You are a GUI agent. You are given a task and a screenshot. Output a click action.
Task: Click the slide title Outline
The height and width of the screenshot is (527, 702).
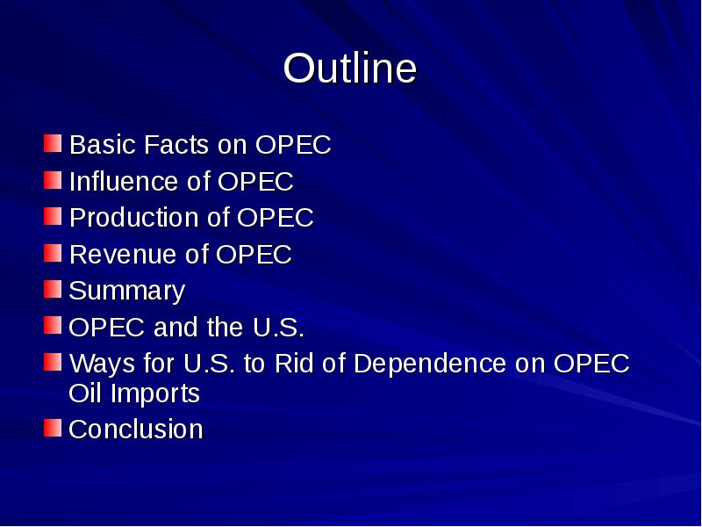click(x=350, y=69)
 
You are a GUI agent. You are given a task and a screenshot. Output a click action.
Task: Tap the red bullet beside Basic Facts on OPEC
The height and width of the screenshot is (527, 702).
click(x=54, y=142)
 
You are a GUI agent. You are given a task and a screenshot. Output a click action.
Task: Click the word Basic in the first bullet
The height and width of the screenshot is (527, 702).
click(x=97, y=145)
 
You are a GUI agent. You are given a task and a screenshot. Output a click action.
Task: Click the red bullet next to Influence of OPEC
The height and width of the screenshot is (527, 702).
click(x=54, y=179)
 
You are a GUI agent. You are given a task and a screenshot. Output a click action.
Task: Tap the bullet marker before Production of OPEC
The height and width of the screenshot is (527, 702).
click(x=54, y=215)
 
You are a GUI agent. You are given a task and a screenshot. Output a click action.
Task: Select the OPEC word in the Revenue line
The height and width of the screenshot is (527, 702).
click(x=254, y=255)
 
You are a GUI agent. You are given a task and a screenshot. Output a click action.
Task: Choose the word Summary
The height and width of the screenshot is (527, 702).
click(x=126, y=292)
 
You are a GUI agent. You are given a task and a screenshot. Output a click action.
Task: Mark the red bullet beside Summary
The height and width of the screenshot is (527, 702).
click(x=54, y=288)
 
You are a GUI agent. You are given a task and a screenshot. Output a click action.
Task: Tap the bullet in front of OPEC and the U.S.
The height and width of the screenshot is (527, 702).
click(x=54, y=325)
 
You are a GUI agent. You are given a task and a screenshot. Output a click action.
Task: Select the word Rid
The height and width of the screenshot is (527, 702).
click(x=293, y=364)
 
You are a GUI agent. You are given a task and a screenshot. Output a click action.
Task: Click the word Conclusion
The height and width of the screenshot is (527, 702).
click(x=135, y=430)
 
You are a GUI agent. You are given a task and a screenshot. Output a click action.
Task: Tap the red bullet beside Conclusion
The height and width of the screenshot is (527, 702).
click(x=54, y=427)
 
